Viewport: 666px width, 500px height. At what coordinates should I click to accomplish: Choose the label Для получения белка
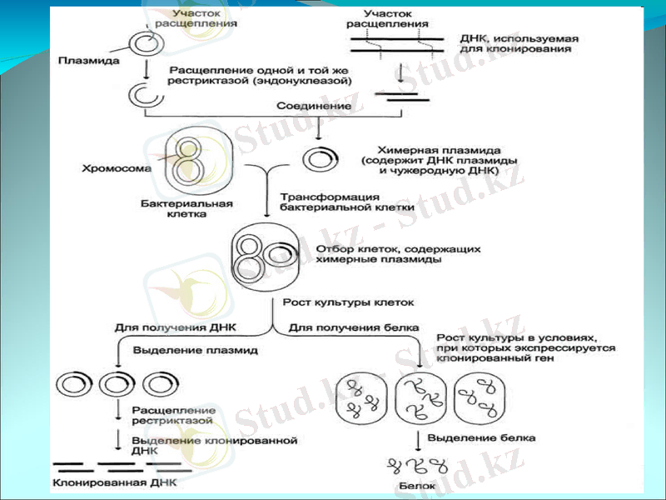point(353,327)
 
